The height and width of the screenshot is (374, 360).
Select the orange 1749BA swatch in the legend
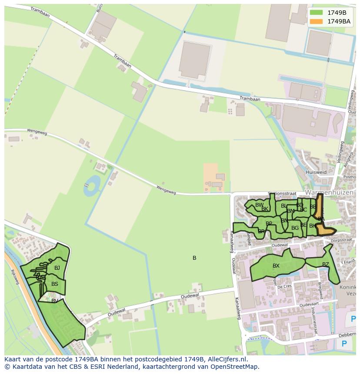click(x=317, y=21)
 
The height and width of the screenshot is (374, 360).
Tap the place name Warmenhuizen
click(x=329, y=192)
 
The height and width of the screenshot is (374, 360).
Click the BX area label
click(x=276, y=266)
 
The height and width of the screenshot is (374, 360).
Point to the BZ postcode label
click(x=326, y=265)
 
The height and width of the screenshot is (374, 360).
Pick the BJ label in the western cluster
click(x=57, y=268)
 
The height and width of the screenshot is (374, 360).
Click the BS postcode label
click(x=55, y=284)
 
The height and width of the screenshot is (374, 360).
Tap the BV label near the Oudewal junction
click(x=55, y=301)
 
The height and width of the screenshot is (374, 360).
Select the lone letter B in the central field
click(x=194, y=258)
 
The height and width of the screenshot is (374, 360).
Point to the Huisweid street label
click(x=316, y=172)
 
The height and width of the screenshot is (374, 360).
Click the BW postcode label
click(x=259, y=205)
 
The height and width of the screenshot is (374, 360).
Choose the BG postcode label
click(x=295, y=228)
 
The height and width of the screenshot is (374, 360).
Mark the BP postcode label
click(x=269, y=224)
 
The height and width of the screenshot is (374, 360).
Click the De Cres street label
click(x=284, y=287)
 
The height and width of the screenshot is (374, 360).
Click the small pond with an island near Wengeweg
click(x=92, y=185)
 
